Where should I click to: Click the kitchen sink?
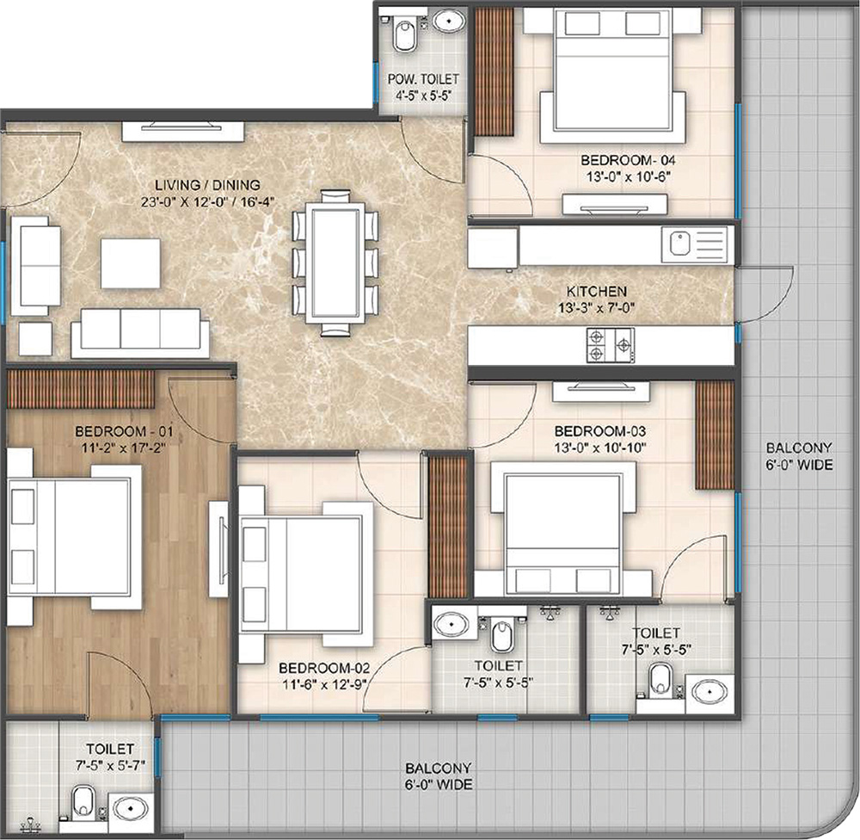(x=697, y=244)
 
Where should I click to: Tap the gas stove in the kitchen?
(x=611, y=345)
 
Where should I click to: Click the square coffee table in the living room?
(x=131, y=263)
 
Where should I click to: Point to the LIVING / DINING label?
(x=207, y=185)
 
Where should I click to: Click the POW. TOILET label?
(x=423, y=79)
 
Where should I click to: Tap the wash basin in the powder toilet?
(x=450, y=22)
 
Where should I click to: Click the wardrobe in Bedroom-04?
(x=494, y=71)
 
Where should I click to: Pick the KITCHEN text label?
(x=596, y=292)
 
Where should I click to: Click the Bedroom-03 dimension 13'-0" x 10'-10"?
(x=600, y=448)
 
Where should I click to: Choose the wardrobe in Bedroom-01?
(x=80, y=389)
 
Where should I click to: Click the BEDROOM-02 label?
(x=324, y=668)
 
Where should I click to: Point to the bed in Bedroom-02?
(x=306, y=575)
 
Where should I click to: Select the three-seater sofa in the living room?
(x=140, y=333)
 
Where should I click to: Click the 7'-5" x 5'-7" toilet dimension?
(x=110, y=765)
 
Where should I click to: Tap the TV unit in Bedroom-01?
(x=218, y=549)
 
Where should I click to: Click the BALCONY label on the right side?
(x=799, y=448)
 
